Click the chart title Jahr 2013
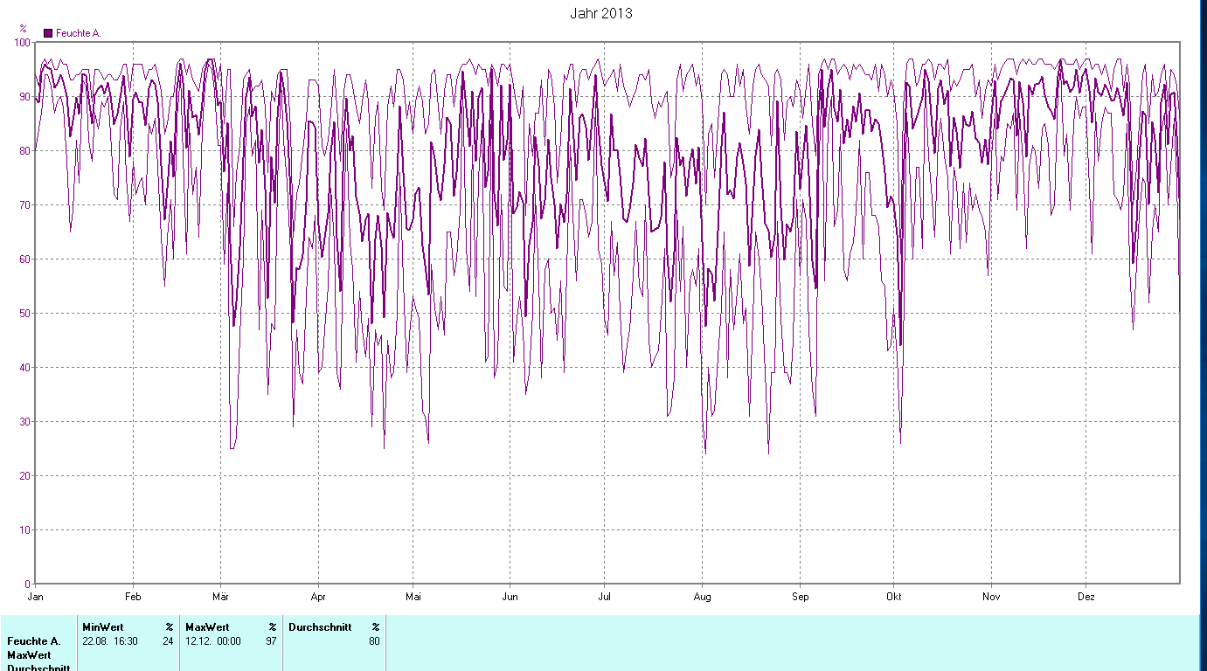tap(600, 13)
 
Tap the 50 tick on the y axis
tap(24, 313)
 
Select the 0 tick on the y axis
tap(28, 584)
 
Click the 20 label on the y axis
tap(24, 475)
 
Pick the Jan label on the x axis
tap(36, 598)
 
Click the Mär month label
tap(220, 598)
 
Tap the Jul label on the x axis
tap(604, 598)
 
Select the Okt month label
tap(893, 598)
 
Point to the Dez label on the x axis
tap(1086, 598)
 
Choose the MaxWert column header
tap(207, 627)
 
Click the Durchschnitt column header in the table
tap(320, 627)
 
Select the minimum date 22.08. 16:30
tap(109, 641)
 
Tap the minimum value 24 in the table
tap(168, 641)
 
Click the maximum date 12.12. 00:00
tap(212, 641)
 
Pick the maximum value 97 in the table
tap(272, 641)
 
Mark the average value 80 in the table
tap(374, 641)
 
